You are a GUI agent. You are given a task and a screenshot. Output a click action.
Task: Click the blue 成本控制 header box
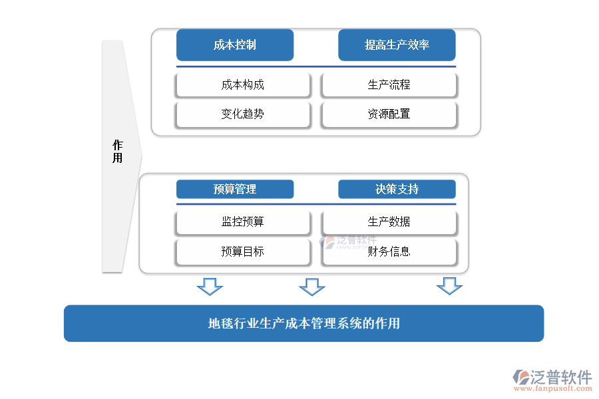click(234, 45)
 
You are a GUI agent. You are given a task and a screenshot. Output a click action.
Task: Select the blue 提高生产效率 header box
click(397, 45)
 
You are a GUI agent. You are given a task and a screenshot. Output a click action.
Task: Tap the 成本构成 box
click(243, 85)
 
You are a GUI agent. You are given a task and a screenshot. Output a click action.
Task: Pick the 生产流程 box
click(389, 85)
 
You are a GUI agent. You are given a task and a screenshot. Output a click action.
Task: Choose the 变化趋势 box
click(243, 114)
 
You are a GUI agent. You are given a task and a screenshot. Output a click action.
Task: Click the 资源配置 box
click(389, 114)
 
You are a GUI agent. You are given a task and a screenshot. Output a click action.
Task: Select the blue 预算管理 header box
click(234, 190)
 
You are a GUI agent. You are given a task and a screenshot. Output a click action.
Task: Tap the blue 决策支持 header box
click(397, 190)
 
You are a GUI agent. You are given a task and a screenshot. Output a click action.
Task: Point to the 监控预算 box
click(243, 222)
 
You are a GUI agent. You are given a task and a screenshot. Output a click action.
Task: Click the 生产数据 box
click(389, 222)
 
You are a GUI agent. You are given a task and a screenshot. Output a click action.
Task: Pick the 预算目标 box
click(243, 252)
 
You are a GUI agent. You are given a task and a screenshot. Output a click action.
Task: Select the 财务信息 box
click(389, 252)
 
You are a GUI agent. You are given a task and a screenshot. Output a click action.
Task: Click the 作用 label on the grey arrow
click(118, 152)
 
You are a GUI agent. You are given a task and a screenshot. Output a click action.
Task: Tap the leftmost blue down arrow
click(210, 287)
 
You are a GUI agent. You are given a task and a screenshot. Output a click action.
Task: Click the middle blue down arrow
click(311, 287)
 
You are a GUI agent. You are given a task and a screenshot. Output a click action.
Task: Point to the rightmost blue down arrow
click(449, 287)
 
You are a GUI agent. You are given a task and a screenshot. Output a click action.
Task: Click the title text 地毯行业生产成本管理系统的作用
click(303, 324)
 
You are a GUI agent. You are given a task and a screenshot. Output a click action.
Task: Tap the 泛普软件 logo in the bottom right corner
click(552, 377)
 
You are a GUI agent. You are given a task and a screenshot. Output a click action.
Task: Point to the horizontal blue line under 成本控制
click(315, 66)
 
